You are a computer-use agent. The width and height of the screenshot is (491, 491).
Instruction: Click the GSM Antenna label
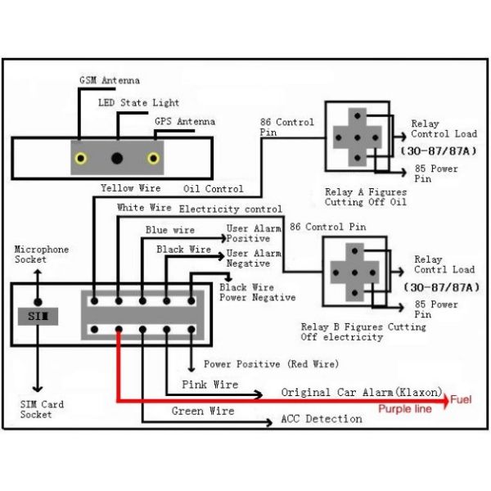pyautogui.click(x=109, y=80)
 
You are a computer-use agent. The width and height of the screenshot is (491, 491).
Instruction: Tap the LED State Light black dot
pyautogui.click(x=117, y=158)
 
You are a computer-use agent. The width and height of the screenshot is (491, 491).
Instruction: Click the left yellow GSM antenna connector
pyautogui.click(x=80, y=158)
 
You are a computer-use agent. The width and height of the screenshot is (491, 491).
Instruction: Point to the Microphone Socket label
pyautogui.click(x=42, y=255)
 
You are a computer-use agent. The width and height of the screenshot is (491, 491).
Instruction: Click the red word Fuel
pyautogui.click(x=464, y=402)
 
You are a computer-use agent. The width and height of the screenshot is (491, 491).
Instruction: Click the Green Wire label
pyautogui.click(x=203, y=411)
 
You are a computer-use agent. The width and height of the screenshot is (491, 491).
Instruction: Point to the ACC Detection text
pyautogui.click(x=321, y=419)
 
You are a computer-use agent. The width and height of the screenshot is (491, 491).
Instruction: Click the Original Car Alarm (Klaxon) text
pyautogui.click(x=362, y=393)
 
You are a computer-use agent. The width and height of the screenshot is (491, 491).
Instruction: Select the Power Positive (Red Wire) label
pyautogui.click(x=270, y=363)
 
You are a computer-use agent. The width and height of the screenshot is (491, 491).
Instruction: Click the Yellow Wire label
pyautogui.click(x=130, y=188)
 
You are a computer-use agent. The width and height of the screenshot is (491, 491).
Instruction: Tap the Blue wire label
pyautogui.click(x=170, y=231)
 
